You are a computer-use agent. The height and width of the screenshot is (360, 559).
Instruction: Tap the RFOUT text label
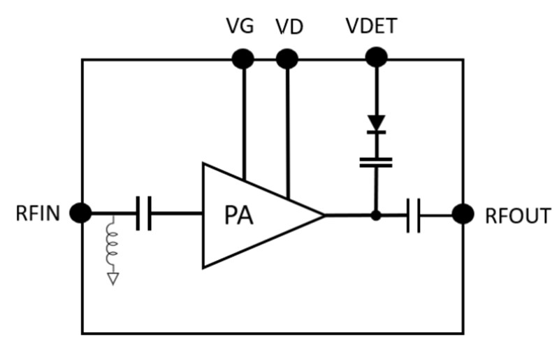518,216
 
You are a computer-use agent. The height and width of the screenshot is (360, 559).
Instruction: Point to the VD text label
289,27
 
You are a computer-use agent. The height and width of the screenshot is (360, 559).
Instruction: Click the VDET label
372,27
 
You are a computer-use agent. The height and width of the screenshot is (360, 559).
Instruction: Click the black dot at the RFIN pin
81,213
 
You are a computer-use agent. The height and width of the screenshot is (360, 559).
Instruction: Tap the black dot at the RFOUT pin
463,214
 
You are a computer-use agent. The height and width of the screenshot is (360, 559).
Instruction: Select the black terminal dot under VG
243,59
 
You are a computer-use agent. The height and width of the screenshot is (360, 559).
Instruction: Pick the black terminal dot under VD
287,59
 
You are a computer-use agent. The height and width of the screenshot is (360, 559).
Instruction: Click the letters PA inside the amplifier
239,215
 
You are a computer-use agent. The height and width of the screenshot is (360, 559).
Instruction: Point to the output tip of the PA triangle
324,215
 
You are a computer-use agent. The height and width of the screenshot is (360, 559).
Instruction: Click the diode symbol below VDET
377,124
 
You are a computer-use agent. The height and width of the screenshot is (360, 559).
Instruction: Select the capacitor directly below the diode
376,162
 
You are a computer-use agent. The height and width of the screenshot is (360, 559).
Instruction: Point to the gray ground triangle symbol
111,278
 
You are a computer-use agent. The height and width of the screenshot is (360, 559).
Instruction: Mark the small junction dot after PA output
376,215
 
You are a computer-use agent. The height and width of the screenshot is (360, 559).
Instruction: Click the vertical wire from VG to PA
243,119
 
